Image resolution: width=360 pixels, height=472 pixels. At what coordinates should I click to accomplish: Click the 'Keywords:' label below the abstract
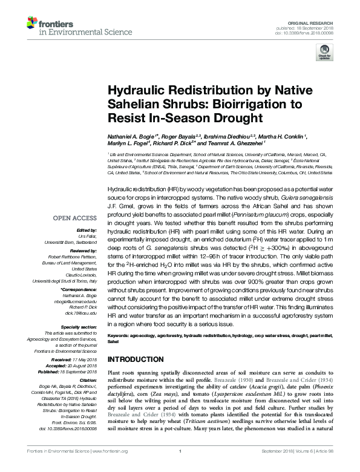[119, 335]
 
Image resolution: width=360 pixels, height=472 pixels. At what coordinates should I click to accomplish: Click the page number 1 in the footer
[180, 468]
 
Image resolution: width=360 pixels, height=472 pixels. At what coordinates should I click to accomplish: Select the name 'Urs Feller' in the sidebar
[88, 236]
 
